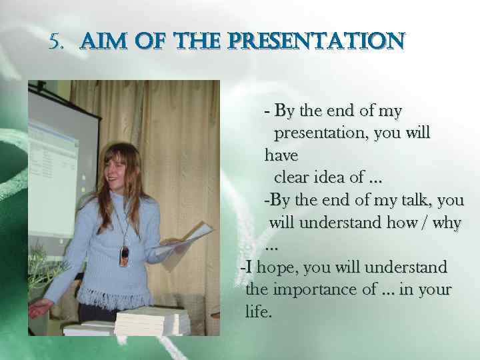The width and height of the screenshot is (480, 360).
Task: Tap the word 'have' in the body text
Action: click(x=281, y=155)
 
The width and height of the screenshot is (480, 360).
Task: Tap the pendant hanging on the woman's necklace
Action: click(x=123, y=257)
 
